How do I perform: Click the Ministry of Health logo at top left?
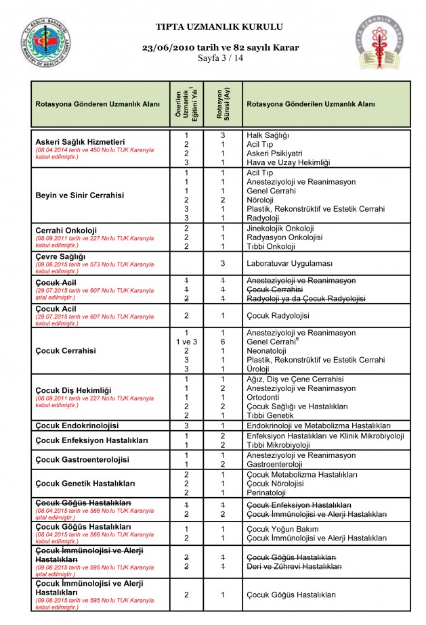pos(44,43)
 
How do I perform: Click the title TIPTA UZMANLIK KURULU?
pos(219,27)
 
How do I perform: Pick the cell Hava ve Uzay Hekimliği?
pos(288,163)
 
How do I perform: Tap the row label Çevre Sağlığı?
pos(60,256)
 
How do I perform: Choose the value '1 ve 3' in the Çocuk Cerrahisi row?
pos(186,342)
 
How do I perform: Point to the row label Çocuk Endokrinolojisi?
pos(77,425)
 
